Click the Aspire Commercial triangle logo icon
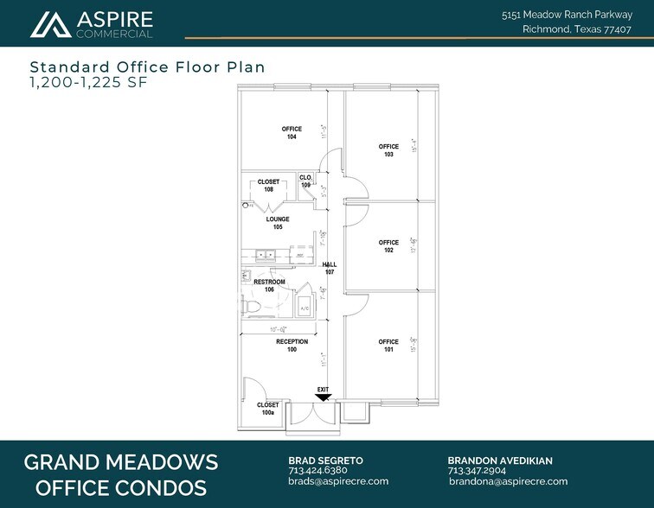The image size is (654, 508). tap(49, 25)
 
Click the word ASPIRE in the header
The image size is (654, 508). tap(115, 19)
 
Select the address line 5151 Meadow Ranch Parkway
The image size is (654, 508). tap(573, 15)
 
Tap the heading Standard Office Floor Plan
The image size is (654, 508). tap(147, 67)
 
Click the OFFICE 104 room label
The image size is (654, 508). tap(292, 133)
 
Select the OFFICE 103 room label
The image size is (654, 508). tap(388, 150)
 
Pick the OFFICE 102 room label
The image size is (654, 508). tap(388, 246)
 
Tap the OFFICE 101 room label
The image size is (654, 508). tap(388, 346)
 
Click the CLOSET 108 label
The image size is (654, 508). tap(268, 185)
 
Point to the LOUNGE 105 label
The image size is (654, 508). tap(277, 223)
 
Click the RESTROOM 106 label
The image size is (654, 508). tap(269, 286)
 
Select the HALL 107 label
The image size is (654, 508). tap(329, 269)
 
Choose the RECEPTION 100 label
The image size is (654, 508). tap(292, 346)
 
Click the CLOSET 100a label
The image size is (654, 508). tap(267, 409)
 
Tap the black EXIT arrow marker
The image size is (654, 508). tap(323, 396)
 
